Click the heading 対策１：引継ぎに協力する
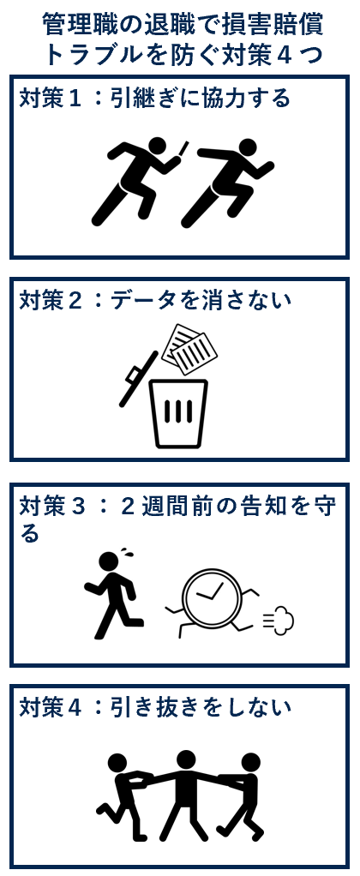[x=155, y=98]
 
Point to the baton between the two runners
[x=183, y=151]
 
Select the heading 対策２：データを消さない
[x=155, y=301]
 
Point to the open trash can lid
[x=138, y=379]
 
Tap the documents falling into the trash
[x=189, y=349]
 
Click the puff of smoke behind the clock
[x=279, y=619]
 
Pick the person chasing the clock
[x=114, y=596]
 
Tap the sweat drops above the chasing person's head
[x=129, y=553]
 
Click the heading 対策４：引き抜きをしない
[x=155, y=708]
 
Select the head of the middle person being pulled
[x=185, y=760]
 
